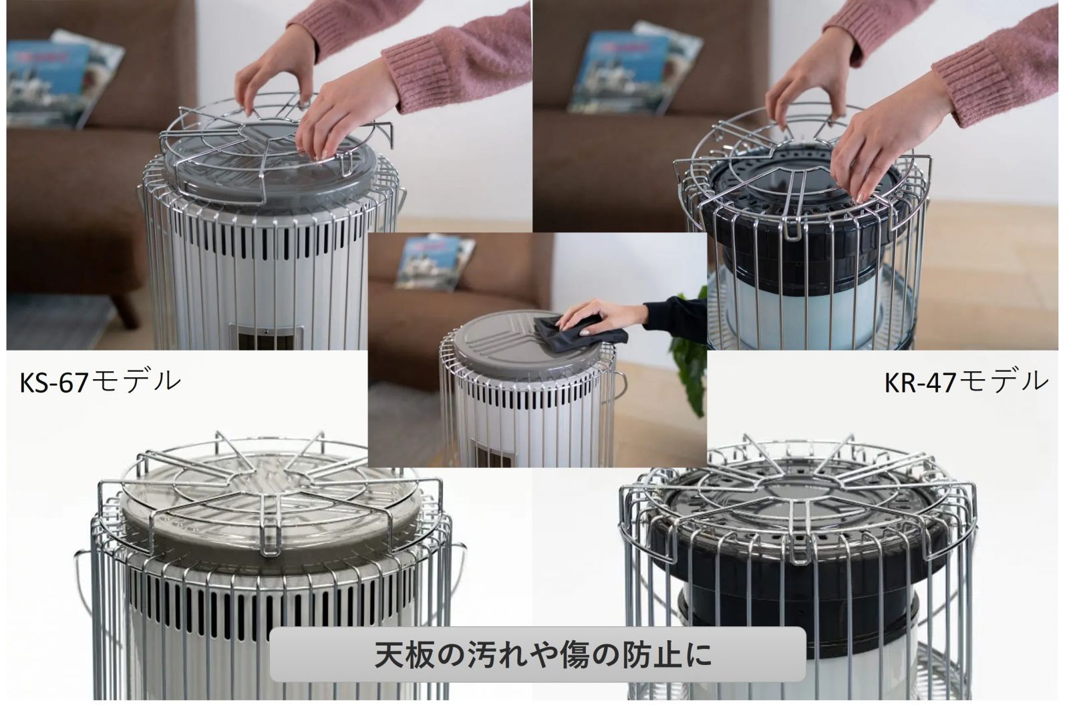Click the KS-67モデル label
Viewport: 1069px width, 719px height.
(x=100, y=382)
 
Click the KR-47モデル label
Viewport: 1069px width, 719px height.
(x=966, y=382)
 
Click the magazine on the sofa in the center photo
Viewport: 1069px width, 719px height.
(x=435, y=262)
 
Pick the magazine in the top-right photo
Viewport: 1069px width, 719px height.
(x=635, y=71)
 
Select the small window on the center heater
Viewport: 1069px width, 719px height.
(x=492, y=452)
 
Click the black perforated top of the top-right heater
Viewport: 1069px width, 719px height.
(x=802, y=191)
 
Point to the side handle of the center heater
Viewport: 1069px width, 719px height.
(x=621, y=386)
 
